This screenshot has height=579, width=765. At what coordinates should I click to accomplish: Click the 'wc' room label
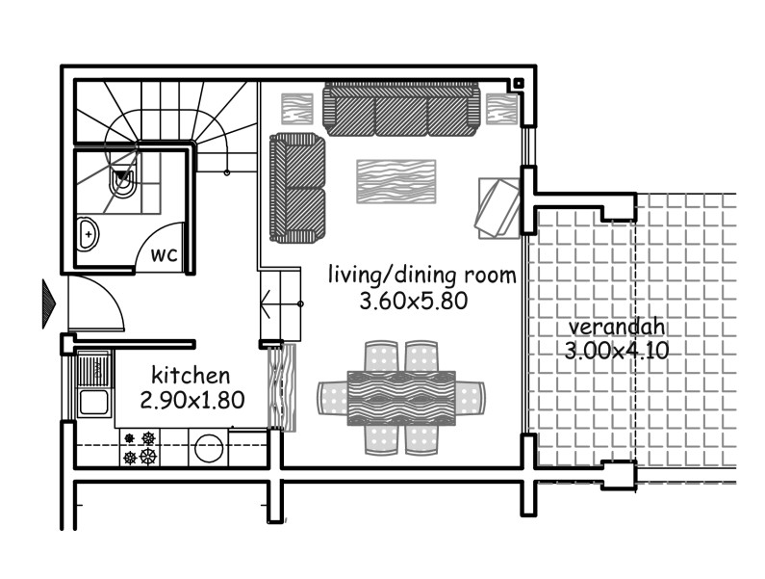pyautogui.click(x=164, y=255)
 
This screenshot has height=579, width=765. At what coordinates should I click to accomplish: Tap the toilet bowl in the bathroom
pyautogui.click(x=123, y=182)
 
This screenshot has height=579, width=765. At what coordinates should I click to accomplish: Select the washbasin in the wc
pyautogui.click(x=88, y=233)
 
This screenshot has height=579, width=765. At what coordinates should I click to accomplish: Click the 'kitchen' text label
pyautogui.click(x=191, y=375)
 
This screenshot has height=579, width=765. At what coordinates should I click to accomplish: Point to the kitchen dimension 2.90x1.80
pyautogui.click(x=191, y=398)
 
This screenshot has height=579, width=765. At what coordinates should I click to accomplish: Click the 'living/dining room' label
pyautogui.click(x=421, y=275)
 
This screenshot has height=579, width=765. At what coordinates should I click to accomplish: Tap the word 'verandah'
pyautogui.click(x=602, y=326)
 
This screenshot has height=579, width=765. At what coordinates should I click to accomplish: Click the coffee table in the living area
pyautogui.click(x=396, y=180)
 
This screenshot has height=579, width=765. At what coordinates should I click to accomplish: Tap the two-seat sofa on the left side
pyautogui.click(x=297, y=187)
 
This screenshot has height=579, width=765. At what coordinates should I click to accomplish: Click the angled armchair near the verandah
pyautogui.click(x=498, y=206)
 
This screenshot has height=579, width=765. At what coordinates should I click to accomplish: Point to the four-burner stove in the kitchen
pyautogui.click(x=138, y=447)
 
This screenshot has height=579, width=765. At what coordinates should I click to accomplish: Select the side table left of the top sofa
pyautogui.click(x=297, y=107)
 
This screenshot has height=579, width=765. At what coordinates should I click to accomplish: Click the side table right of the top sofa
pyautogui.click(x=500, y=107)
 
